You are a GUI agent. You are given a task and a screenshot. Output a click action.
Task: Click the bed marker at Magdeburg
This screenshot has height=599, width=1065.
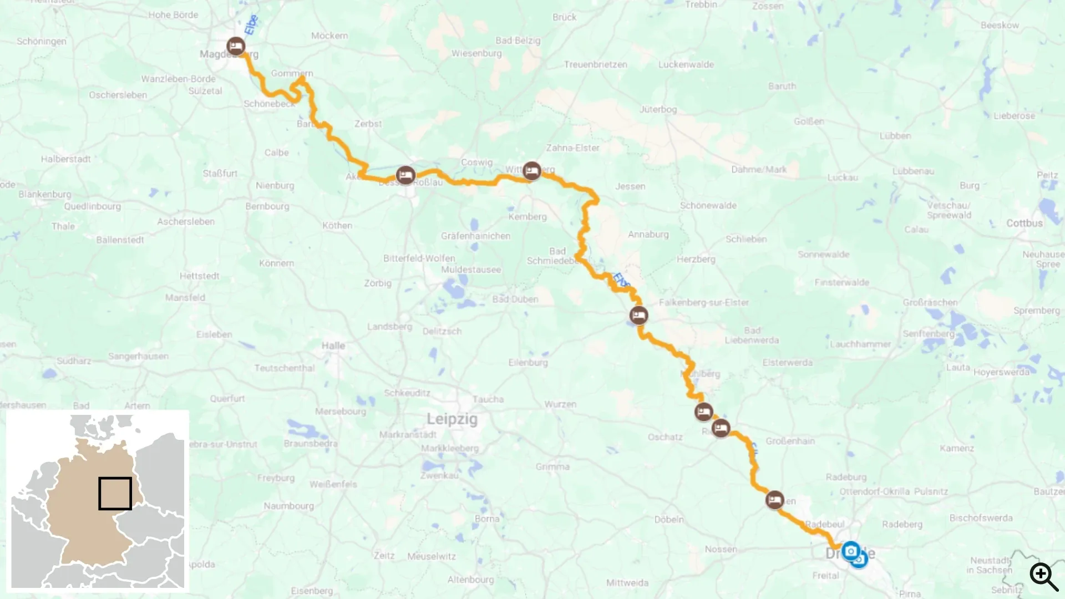click(236, 46)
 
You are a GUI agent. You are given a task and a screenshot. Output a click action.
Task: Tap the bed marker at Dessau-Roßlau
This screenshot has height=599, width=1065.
click(405, 175)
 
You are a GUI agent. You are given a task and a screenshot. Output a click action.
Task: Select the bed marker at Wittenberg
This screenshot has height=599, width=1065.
click(531, 171)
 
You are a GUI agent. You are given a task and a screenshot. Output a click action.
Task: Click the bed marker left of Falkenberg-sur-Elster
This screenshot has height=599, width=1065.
click(638, 316)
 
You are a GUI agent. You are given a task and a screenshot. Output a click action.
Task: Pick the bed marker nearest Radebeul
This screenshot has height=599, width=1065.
click(774, 500)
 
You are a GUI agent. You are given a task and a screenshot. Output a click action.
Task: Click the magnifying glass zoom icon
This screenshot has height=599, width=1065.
click(1043, 576)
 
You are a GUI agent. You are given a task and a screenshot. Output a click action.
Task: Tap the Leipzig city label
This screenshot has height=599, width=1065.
click(452, 419)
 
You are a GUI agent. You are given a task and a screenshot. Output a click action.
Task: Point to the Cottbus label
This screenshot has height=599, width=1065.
click(1024, 223)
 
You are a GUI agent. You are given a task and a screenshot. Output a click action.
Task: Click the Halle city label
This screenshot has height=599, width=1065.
click(333, 346)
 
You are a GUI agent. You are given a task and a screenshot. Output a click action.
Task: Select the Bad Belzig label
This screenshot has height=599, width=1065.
click(518, 40)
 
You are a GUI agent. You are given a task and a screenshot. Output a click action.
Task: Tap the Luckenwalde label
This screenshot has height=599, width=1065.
click(686, 64)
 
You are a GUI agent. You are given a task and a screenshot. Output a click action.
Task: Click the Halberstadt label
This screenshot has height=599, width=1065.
click(65, 159)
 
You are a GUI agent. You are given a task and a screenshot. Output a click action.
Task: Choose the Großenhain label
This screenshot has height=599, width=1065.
click(790, 441)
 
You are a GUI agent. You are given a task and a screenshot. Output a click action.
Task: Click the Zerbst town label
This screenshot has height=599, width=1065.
click(368, 124)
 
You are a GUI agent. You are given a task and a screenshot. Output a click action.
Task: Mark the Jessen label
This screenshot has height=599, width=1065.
click(630, 186)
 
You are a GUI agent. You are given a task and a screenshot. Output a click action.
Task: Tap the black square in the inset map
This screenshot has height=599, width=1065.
click(115, 493)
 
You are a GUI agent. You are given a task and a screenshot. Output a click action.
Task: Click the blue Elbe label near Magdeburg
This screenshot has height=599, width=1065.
click(251, 24)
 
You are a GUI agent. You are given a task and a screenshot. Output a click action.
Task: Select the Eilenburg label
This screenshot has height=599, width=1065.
click(528, 362)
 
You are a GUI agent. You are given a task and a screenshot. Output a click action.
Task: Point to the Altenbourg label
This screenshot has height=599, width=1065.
click(470, 580)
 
